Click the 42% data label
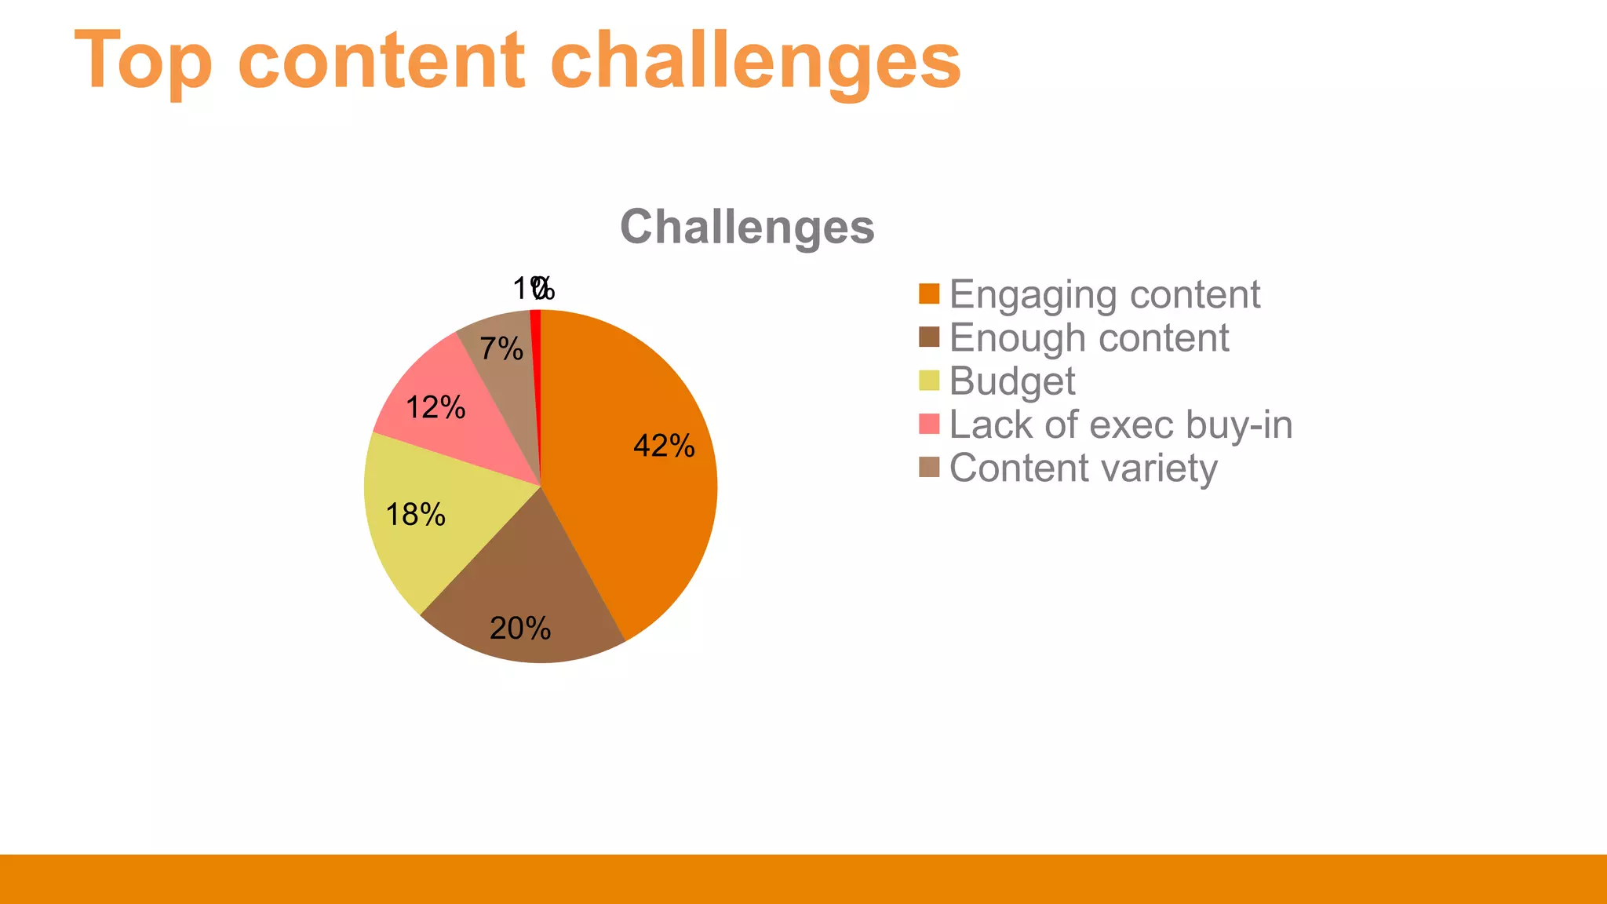(x=664, y=446)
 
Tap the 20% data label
(x=520, y=629)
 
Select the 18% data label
(x=416, y=515)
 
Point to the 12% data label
(x=435, y=407)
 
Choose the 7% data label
(x=501, y=348)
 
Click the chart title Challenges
(x=747, y=227)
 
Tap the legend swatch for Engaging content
(x=929, y=294)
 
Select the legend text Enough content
(x=1089, y=338)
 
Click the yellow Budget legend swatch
(x=929, y=381)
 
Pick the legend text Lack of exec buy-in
(x=1121, y=425)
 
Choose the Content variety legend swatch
(x=929, y=468)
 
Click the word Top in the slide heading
(x=144, y=61)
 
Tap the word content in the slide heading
(x=381, y=61)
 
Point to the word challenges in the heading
(x=755, y=61)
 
